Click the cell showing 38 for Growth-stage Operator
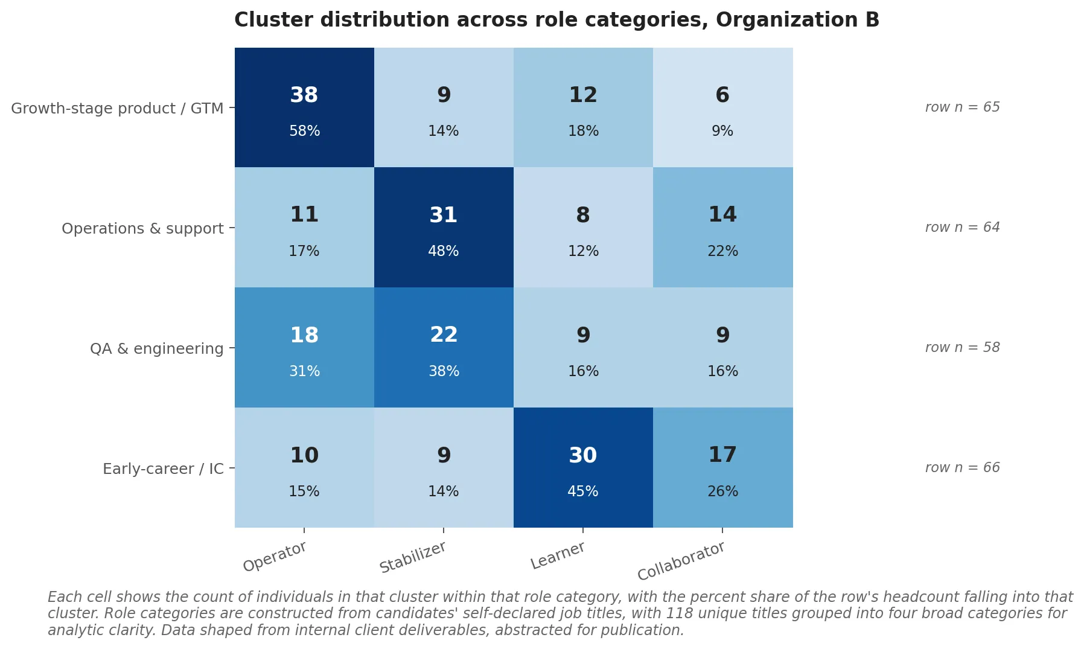(304, 107)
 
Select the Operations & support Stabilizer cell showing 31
(444, 228)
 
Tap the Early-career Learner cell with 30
(583, 468)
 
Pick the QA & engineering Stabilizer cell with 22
(444, 348)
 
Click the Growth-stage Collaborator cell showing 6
(722, 107)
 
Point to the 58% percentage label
(304, 131)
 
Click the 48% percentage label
(444, 251)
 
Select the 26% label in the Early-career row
(722, 491)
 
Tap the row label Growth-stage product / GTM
(117, 109)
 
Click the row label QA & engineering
(156, 349)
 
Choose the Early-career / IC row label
(163, 469)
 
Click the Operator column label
(275, 557)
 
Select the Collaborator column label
(681, 561)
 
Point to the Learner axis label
(557, 555)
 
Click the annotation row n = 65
(962, 107)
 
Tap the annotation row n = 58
(962, 348)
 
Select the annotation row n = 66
(962, 468)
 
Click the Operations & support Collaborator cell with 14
(722, 228)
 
